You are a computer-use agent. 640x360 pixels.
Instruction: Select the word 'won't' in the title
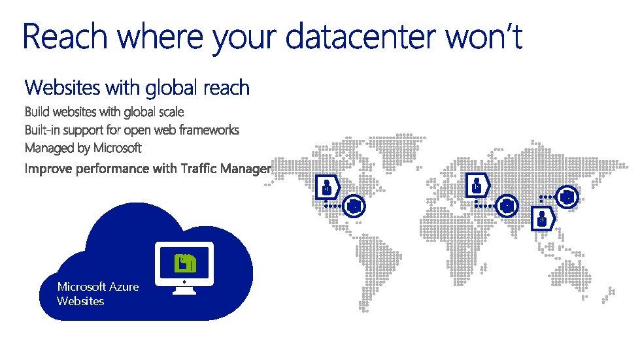(484, 38)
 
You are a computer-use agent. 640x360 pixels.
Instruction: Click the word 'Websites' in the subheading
(63, 87)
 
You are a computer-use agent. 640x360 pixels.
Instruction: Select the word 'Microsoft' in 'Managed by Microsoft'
(117, 148)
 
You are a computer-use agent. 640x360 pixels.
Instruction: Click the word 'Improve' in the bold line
(48, 169)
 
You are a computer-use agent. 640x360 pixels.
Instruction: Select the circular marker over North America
(354, 206)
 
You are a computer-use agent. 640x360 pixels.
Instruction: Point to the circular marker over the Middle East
(507, 206)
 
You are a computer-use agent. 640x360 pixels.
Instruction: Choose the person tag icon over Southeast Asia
(542, 220)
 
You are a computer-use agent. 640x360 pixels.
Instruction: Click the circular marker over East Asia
(567, 196)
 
